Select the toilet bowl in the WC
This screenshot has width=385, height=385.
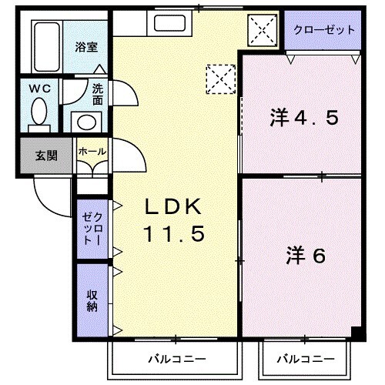tap(38, 115)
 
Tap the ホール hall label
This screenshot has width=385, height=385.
tap(92, 152)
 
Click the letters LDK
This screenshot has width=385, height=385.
tap(174, 206)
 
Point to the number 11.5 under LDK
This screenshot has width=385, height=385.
tap(174, 235)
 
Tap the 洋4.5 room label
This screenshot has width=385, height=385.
tap(304, 119)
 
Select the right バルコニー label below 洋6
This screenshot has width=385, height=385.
tap(306, 360)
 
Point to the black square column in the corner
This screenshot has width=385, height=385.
tap(357, 333)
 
